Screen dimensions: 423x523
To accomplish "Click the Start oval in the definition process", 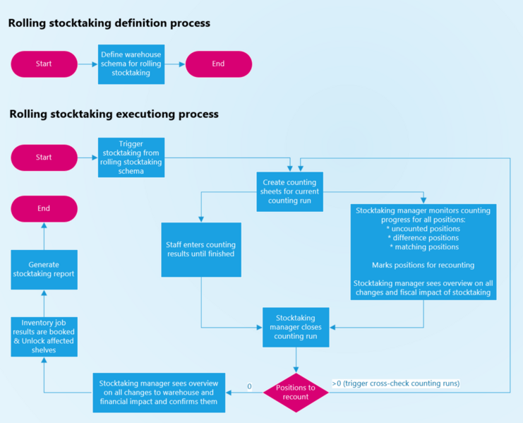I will (x=44, y=64).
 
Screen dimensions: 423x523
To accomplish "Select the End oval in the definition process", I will (x=218, y=64).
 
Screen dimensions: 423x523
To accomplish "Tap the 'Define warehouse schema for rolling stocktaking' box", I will (x=131, y=64).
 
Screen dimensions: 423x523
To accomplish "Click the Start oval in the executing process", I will (x=44, y=157).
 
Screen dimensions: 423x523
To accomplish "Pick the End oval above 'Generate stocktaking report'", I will (x=44, y=208).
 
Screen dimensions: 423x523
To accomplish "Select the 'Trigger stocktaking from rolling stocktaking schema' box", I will (x=131, y=157).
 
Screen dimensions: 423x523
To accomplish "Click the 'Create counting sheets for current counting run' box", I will (x=289, y=191).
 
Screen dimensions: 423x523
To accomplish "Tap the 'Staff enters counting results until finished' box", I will (x=201, y=249).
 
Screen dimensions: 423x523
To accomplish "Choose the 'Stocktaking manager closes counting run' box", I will (x=296, y=327).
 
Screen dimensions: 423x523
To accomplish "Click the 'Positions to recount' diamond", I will (x=296, y=392).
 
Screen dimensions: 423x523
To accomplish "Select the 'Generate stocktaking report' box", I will (x=44, y=270).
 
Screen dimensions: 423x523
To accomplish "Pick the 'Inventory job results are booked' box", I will (x=44, y=335).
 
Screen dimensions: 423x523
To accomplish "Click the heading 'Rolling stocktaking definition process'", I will (x=109, y=23).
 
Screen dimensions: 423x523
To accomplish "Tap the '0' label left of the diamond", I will (x=249, y=386).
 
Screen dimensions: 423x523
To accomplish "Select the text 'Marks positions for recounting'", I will (x=423, y=266).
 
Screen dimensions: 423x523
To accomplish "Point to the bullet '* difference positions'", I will (x=423, y=238).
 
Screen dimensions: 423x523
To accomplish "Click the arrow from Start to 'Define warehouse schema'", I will (x=87, y=64).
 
